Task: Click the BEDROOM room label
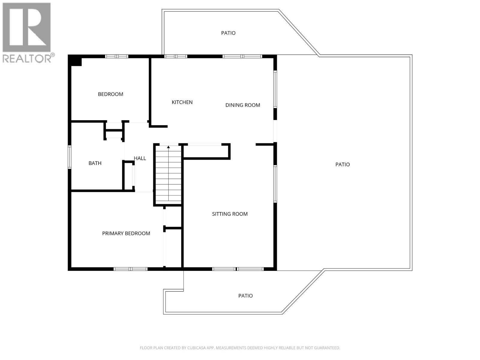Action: pyautogui.click(x=110, y=94)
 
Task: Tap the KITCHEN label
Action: pyautogui.click(x=182, y=102)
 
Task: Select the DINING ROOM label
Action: pyautogui.click(x=243, y=105)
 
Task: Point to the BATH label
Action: pyautogui.click(x=95, y=163)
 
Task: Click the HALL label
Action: pyautogui.click(x=140, y=158)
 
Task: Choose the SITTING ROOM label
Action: pyautogui.click(x=230, y=214)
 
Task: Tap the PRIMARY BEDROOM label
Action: pyautogui.click(x=126, y=233)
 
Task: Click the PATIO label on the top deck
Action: pyautogui.click(x=228, y=33)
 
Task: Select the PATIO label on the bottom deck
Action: pyautogui.click(x=245, y=296)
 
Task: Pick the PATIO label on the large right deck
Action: pyautogui.click(x=343, y=164)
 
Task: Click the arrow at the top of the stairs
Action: pyautogui.click(x=168, y=147)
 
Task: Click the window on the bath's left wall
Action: pyautogui.click(x=70, y=157)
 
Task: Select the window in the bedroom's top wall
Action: pyautogui.click(x=117, y=56)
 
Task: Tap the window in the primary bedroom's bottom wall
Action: pyautogui.click(x=130, y=269)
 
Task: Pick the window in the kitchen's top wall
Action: pyautogui.click(x=175, y=56)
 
